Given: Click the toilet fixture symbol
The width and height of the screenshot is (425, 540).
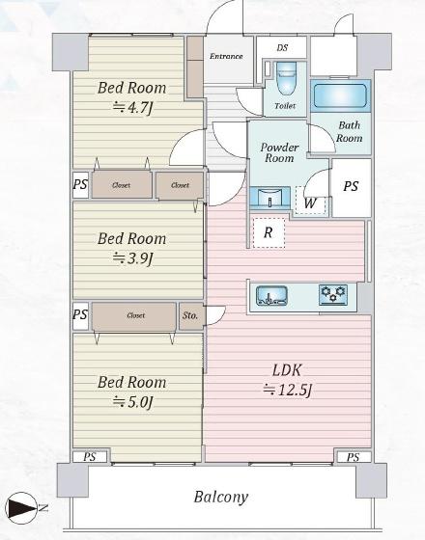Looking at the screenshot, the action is tap(286, 78).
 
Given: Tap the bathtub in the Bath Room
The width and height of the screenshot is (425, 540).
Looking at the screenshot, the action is tap(340, 95).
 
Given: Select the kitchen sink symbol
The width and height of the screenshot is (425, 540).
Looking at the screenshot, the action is tap(271, 295).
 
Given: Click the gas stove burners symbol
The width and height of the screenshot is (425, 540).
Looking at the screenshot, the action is tap(333, 294).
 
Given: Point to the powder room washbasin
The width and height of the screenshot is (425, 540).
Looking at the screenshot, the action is tap(269, 198).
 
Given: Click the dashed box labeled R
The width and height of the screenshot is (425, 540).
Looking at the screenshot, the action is tap(269, 232).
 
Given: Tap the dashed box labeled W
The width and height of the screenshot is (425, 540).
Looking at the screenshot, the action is tap(310, 201).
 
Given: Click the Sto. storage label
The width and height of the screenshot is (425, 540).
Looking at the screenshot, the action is tap(190, 315).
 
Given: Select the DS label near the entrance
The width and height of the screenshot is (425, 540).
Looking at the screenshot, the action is tap(282, 47).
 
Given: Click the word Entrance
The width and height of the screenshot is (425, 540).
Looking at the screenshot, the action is tap(226, 56).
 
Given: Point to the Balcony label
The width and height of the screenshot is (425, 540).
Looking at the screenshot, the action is tap(221, 497).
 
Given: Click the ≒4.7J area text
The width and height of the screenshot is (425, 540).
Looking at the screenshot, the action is tap(133, 108).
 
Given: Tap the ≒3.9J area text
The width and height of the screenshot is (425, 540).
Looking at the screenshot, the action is tap(133, 258).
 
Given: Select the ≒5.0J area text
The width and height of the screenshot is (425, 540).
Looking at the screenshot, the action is tap(133, 402).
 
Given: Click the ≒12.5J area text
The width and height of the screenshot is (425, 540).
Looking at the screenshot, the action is tap(288, 390).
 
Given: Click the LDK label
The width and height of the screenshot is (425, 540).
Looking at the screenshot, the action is tap(287, 370).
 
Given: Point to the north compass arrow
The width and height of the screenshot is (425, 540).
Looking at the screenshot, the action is tap(21, 508).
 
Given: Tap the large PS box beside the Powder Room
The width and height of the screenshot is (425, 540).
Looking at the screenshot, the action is tap(351, 188).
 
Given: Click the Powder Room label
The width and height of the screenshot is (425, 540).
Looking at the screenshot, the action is tap(279, 152).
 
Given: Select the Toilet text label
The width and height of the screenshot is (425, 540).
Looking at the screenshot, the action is tap(285, 106).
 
